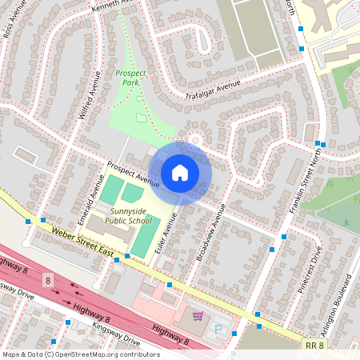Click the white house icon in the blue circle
pos(180,173)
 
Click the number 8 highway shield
pos(48,280)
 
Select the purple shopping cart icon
pos(198,317)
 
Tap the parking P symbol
pos(218,329)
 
